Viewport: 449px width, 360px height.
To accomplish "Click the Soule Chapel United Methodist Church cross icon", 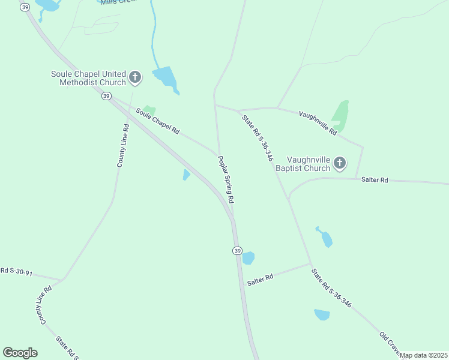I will tap(135, 77).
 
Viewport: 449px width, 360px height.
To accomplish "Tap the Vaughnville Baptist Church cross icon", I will tap(340, 163).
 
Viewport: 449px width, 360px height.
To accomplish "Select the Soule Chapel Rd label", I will tap(158, 121).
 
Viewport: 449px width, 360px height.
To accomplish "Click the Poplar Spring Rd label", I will tap(226, 179).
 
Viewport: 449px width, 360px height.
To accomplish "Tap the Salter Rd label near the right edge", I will tap(375, 180).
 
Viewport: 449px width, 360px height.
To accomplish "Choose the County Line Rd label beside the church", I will tap(124, 145).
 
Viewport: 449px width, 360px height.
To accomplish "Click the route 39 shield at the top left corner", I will tap(24, 7).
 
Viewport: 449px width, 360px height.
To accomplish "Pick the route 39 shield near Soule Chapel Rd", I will tap(106, 96).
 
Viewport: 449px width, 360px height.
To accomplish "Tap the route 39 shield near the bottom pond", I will tap(238, 250).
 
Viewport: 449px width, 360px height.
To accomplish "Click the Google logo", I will tap(20, 353).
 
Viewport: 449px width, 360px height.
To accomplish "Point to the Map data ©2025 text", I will tap(424, 355).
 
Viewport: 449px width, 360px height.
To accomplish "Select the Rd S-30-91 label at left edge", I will tap(16, 272).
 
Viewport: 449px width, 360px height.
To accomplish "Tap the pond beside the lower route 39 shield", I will tap(248, 258).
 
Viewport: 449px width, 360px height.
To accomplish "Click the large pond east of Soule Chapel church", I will tap(166, 79).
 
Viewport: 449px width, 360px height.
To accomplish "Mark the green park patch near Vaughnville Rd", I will tap(340, 115).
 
